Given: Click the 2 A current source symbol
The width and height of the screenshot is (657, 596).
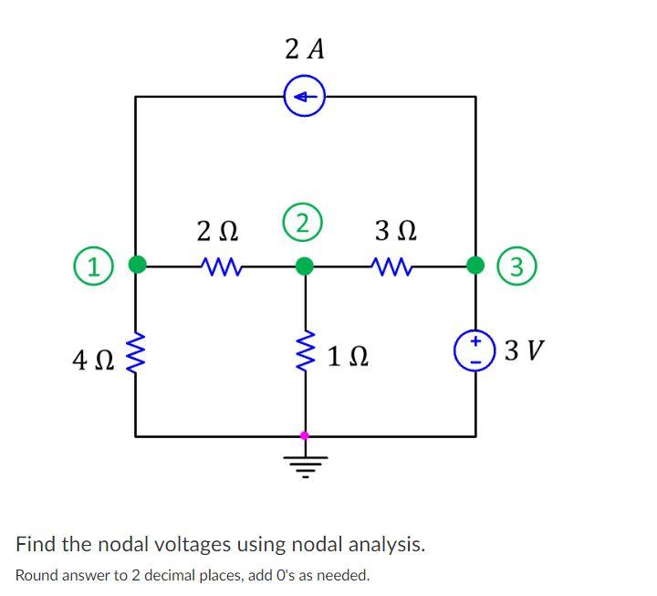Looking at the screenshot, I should [x=305, y=96].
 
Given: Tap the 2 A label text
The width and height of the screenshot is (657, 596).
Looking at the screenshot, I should [x=305, y=49].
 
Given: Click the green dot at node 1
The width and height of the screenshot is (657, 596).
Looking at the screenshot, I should [x=137, y=266].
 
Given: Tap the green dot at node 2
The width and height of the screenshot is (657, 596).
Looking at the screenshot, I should [x=305, y=266].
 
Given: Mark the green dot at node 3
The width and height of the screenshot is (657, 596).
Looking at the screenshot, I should [x=475, y=266].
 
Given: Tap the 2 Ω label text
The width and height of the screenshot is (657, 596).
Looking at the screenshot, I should [x=218, y=230].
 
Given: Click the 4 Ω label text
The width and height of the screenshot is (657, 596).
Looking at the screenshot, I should [x=92, y=361].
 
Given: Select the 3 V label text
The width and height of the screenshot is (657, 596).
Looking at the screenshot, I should [x=524, y=350].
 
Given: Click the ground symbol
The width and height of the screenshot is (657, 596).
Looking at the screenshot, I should [x=305, y=461].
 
